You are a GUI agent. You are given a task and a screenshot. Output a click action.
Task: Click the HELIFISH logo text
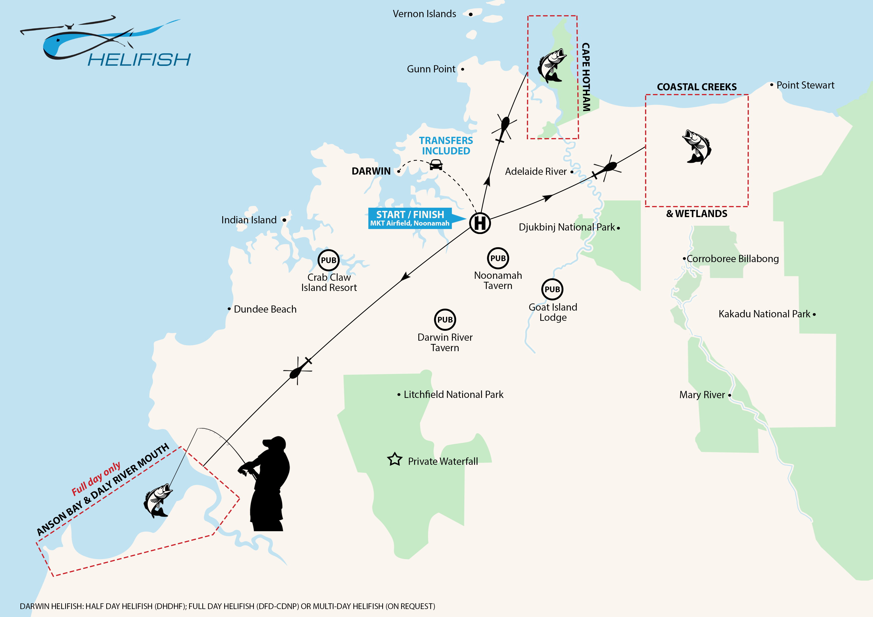139,60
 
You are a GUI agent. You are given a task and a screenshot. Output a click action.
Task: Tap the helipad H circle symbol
480,223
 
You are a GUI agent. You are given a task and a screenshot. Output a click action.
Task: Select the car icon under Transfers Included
436,165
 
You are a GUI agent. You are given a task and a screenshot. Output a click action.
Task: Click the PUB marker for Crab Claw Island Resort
328,260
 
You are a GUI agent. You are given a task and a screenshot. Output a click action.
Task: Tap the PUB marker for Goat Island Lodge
552,289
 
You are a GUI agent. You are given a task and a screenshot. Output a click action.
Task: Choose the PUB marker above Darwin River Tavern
445,320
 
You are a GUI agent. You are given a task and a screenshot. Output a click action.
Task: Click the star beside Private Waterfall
395,460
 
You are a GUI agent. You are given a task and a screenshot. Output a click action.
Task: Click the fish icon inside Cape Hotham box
551,65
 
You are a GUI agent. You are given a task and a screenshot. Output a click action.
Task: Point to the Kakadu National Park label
764,314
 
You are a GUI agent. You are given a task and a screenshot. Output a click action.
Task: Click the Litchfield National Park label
453,395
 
